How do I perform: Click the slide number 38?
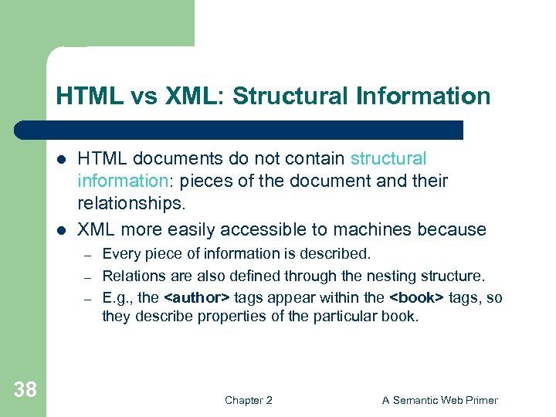(25, 390)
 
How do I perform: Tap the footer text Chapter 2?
(248, 400)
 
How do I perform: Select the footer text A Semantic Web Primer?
(440, 400)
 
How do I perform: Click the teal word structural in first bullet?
(388, 159)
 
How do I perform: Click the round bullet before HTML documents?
(62, 160)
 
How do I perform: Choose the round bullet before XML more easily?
(62, 230)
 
